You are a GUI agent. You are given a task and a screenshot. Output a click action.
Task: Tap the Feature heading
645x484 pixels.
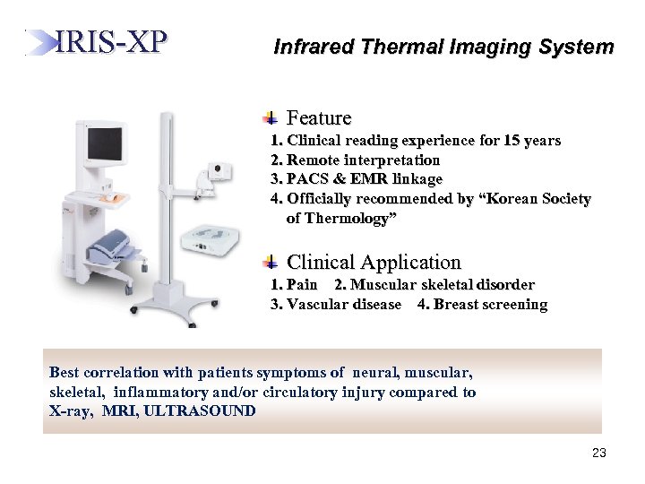click(x=318, y=118)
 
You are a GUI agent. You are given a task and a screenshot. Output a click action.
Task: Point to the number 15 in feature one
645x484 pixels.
click(x=512, y=141)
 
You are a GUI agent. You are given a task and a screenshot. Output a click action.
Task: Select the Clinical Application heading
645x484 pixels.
click(x=374, y=263)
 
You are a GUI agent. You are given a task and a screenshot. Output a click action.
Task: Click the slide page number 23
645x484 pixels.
click(x=599, y=454)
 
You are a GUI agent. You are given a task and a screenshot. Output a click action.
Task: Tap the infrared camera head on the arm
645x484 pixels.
click(x=218, y=170)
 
